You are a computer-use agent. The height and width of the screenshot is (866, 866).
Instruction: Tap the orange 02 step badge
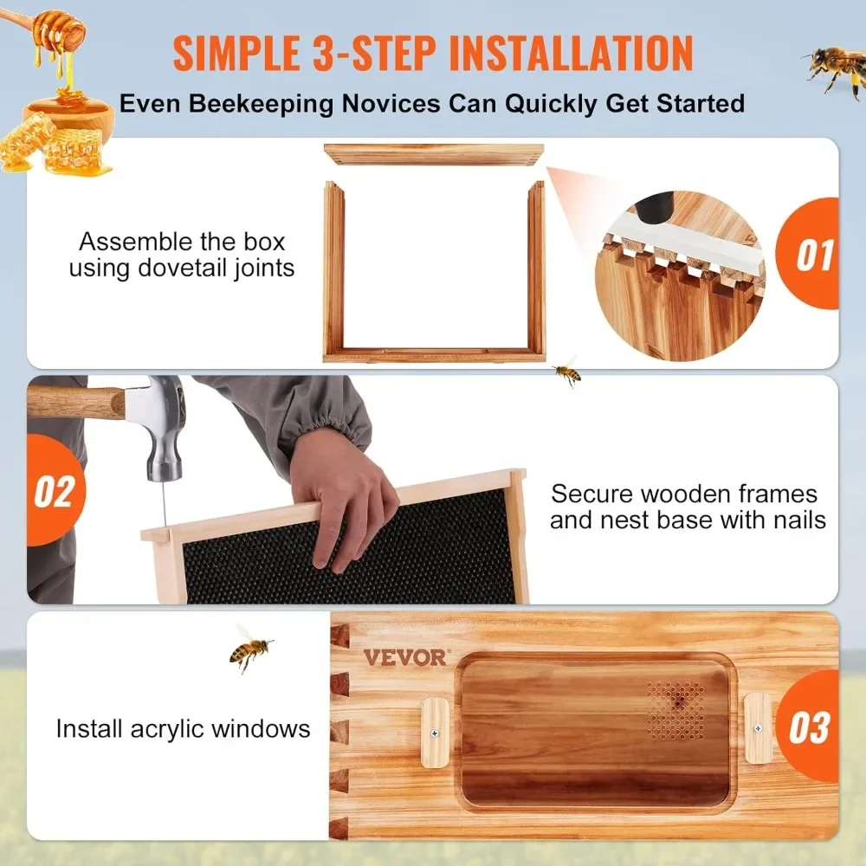[54, 491]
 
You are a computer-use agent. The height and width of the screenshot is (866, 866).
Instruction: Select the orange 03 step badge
[809, 727]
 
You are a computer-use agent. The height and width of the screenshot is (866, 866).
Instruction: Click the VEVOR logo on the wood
[405, 657]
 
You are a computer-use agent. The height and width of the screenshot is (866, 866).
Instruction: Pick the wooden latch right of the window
[758, 728]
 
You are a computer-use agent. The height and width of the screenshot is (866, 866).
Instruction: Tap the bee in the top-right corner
[834, 68]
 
